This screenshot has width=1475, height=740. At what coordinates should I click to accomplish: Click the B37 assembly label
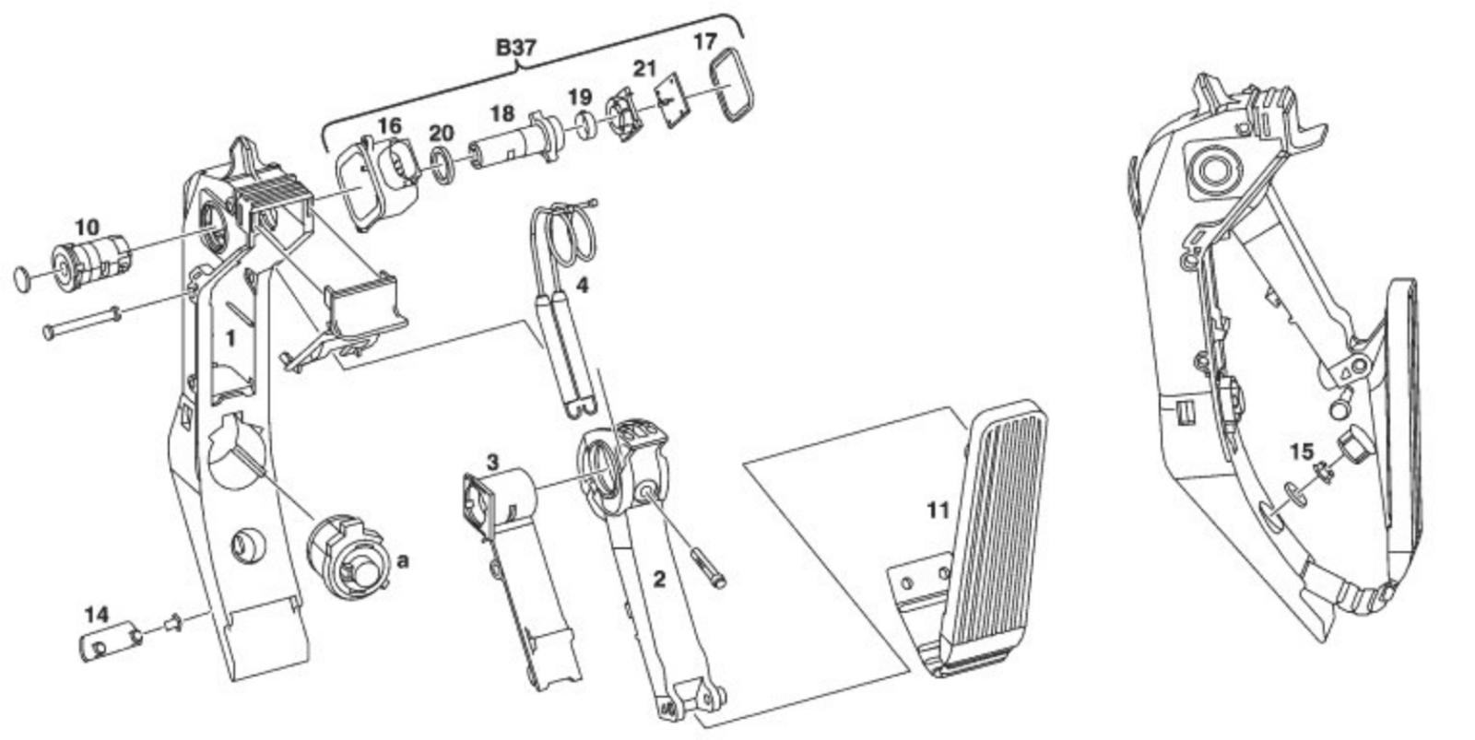(515, 47)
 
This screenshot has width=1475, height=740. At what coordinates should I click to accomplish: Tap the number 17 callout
(704, 41)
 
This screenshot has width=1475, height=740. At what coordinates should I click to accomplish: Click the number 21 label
(643, 68)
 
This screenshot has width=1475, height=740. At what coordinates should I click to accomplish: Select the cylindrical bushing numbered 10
(92, 261)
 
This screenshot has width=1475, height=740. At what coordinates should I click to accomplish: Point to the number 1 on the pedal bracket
(230, 338)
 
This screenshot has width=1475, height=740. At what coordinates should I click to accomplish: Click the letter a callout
(403, 559)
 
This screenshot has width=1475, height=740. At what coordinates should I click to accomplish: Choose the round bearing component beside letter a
(346, 558)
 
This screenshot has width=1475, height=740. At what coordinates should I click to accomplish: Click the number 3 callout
(493, 460)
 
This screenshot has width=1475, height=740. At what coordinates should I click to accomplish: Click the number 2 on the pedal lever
(658, 579)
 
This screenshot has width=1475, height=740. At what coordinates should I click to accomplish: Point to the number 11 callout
(938, 510)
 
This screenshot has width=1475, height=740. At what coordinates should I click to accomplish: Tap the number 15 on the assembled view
(1301, 452)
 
